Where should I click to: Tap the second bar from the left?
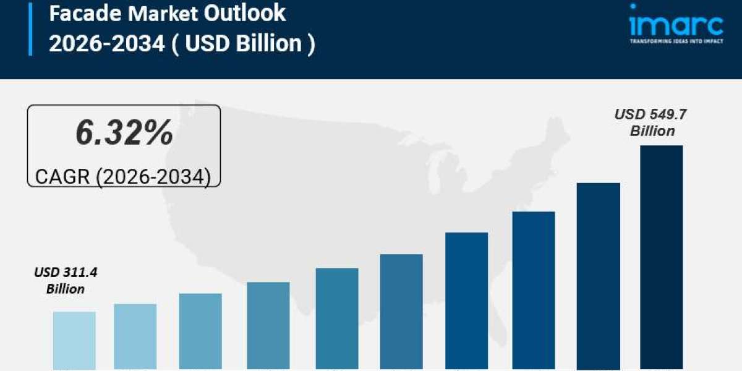[135, 337]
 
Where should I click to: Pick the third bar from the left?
[200, 331]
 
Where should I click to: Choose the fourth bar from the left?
[268, 326]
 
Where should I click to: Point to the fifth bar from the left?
[336, 319]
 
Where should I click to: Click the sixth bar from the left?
[401, 312]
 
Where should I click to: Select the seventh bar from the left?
[467, 301]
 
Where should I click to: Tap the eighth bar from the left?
[534, 291]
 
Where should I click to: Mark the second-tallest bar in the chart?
[599, 276]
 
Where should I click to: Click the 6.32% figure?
[124, 134]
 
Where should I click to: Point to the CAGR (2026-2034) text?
[123, 177]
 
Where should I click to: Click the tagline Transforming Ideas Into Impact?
[676, 41]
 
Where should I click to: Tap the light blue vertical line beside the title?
[30, 28]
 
